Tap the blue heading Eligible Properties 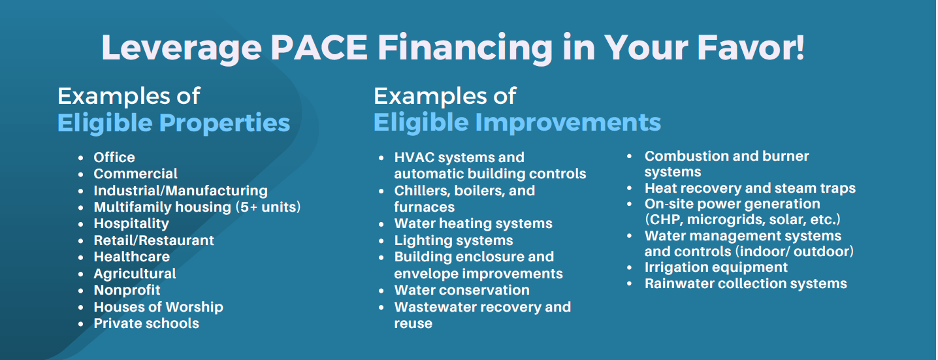tap(174, 123)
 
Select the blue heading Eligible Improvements tap(517, 123)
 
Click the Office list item tap(114, 157)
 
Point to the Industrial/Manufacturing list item tap(180, 191)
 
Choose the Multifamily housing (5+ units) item tap(197, 207)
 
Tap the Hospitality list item tap(131, 223)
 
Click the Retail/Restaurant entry tap(154, 240)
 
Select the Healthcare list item tap(131, 257)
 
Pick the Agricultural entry tap(135, 274)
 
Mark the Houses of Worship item tap(158, 307)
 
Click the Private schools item tap(146, 323)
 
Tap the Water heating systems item tap(473, 223)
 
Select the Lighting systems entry tap(453, 240)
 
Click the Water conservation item tap(462, 290)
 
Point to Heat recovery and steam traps tap(750, 188)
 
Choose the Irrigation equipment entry tap(716, 267)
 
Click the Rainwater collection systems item tap(745, 284)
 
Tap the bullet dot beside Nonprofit tap(80, 291)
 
